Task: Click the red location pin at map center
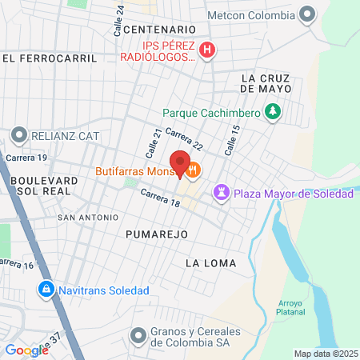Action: (x=180, y=162)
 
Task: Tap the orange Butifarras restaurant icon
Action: (x=194, y=170)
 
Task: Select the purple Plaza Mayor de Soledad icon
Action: (x=222, y=194)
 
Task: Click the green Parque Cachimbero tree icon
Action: (x=274, y=112)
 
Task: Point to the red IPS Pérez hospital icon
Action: (x=207, y=50)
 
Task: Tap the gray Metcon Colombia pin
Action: (x=306, y=14)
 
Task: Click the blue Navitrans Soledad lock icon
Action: (x=46, y=289)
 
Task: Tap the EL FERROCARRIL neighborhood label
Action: (x=49, y=58)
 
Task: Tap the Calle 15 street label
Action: (x=232, y=139)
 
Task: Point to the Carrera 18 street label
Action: (x=159, y=198)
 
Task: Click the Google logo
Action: (x=26, y=350)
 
